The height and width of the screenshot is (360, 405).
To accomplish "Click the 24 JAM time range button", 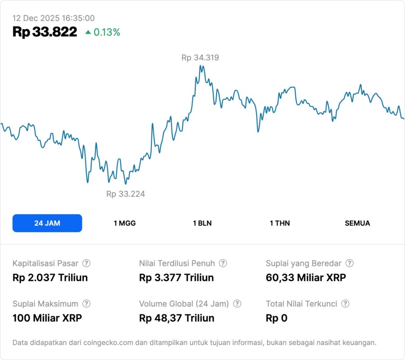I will pos(47,223).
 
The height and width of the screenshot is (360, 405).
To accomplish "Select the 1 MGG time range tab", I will pos(125,223).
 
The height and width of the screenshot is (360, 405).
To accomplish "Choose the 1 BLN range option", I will pos(202,223).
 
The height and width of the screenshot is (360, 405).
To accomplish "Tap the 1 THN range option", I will pos(280,223).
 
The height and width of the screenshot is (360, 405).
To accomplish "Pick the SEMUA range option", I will pos(357,223).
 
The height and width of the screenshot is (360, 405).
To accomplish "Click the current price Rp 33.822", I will pos(45,32).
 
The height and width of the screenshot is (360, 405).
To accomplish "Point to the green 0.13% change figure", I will pos(107,32).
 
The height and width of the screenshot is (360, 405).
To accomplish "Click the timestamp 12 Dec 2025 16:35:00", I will pos(54,18).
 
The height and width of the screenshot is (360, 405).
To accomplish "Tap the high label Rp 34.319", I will pos(200,58).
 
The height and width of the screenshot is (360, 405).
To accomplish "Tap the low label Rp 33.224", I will pos(126,194).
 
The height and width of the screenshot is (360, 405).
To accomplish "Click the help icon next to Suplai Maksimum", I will pos(86,304).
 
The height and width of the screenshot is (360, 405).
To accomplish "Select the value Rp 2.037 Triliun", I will pos(50,278).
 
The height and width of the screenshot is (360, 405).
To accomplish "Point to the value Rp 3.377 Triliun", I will pos(177,278).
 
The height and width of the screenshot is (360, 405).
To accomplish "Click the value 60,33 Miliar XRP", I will pos(306,278).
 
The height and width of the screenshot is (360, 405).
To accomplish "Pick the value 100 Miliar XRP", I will pos(47,318).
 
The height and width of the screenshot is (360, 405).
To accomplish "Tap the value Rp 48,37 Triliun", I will pos(177,318).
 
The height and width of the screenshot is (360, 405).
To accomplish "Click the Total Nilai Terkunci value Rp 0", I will pos(277,318).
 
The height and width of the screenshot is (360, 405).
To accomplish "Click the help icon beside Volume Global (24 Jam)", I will pos(237,304).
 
